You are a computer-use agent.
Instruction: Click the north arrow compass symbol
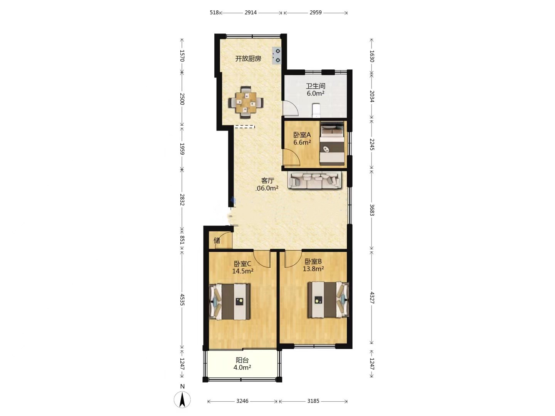pos(182,400)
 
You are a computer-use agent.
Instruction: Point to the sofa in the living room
pos(315,180)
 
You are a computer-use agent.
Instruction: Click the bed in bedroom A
pos(332,143)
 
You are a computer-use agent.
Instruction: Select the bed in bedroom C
pos(230,302)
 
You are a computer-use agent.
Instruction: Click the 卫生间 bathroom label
pos(315,86)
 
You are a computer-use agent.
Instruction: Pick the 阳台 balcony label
pos(242,360)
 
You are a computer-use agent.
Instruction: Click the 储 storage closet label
pos(217,240)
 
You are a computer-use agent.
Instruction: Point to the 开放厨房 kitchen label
pos(248,59)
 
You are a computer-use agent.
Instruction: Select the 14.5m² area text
pos(243,271)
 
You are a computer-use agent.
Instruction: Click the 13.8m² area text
pos(313,268)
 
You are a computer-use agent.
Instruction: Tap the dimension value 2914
pos(251,12)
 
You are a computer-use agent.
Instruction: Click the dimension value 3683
pos(372,210)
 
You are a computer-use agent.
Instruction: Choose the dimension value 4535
pos(182,300)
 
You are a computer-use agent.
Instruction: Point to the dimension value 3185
pos(313,401)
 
